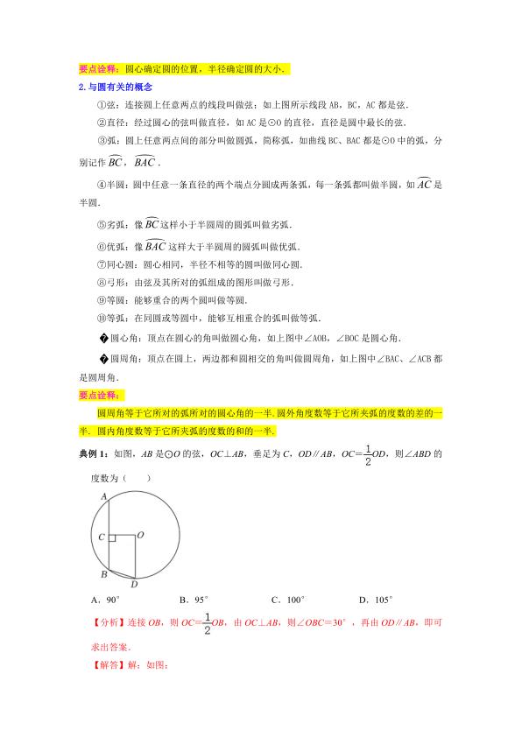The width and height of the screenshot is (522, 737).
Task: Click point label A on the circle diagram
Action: pos(103,496)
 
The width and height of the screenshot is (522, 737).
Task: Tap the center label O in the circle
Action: pos(140,531)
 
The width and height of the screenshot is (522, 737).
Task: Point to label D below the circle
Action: pos(133,584)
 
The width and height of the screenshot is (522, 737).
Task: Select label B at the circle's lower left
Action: pos(102,575)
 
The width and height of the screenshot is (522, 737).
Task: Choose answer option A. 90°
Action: pos(105,600)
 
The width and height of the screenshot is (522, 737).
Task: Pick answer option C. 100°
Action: pos(288,600)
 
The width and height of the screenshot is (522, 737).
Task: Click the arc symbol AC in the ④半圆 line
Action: pos(424,185)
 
